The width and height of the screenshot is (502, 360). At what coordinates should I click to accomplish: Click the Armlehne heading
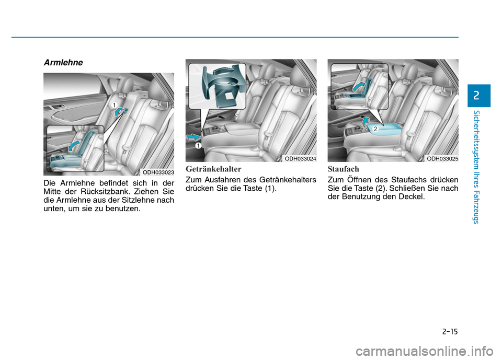[x=63, y=62]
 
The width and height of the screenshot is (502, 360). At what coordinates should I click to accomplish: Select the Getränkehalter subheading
[x=213, y=169]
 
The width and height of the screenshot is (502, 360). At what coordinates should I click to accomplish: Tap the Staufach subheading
[x=343, y=169]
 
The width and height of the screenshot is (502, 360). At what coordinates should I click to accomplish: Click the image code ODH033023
[x=158, y=172]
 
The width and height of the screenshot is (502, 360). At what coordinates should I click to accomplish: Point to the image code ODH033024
[x=300, y=159]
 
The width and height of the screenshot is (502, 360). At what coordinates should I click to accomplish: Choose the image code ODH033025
[x=442, y=159]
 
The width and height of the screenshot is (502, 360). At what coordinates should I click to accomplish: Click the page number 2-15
[x=450, y=331]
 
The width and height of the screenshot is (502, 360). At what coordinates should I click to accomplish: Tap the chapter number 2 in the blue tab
[x=476, y=96]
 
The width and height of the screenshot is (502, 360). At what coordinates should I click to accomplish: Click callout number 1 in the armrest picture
[x=113, y=105]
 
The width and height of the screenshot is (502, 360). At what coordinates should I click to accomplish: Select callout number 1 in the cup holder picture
[x=199, y=146]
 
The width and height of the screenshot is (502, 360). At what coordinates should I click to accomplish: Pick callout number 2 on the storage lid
[x=375, y=129]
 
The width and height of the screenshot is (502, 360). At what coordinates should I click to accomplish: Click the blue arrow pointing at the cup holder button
[x=193, y=137]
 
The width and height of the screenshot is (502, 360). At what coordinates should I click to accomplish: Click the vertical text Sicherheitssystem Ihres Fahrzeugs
[x=476, y=167]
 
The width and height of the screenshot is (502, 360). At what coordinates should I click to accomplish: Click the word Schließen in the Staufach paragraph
[x=405, y=188]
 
